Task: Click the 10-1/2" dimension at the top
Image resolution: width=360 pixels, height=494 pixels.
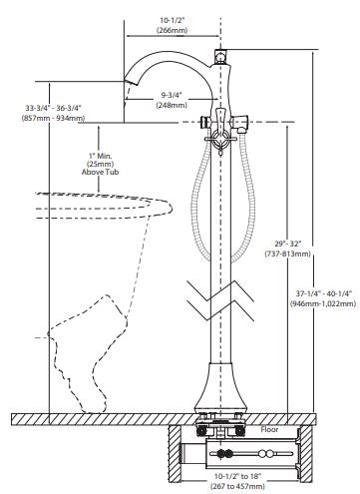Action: click(172, 21)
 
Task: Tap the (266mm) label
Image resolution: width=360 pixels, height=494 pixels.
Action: click(172, 30)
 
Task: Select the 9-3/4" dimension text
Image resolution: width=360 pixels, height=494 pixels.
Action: click(172, 95)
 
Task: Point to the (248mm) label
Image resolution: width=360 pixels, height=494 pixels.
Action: click(172, 105)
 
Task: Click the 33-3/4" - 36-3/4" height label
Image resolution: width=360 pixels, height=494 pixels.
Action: click(53, 108)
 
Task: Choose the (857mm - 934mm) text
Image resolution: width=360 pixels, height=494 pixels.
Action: click(53, 118)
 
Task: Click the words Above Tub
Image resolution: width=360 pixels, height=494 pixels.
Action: click(100, 172)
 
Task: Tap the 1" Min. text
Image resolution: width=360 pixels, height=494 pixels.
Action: click(100, 156)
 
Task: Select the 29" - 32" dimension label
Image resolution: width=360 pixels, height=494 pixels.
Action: click(288, 244)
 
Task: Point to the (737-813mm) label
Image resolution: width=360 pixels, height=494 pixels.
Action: click(288, 253)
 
